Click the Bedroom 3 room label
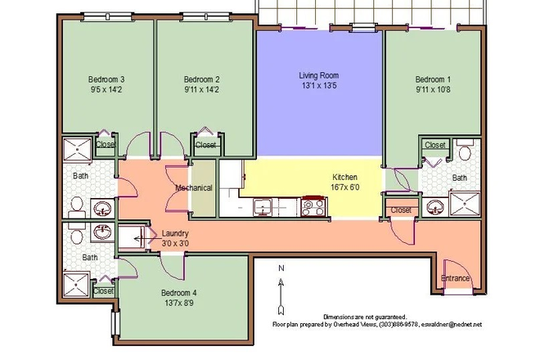(x=106, y=79)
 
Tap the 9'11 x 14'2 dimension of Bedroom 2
(x=201, y=91)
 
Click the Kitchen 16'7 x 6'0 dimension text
(x=344, y=187)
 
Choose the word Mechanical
(x=194, y=188)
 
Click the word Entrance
(x=455, y=278)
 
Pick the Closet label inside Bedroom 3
(x=106, y=145)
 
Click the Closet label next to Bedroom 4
(x=103, y=290)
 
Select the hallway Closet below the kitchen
(x=401, y=210)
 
